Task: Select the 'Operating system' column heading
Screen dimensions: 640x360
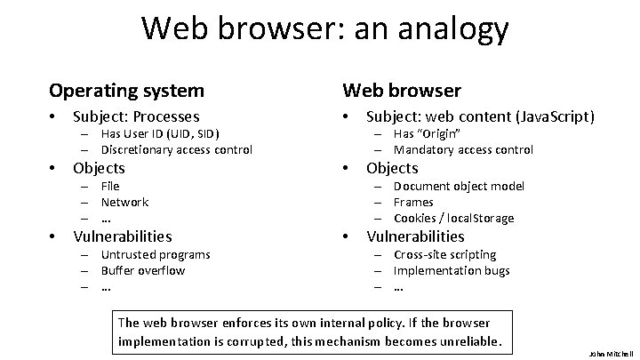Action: [x=126, y=91]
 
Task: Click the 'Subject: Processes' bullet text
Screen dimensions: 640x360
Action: [x=136, y=116]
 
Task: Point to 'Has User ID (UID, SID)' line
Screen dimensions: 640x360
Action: [x=160, y=133]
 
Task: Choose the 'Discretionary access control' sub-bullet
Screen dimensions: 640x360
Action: [x=177, y=149]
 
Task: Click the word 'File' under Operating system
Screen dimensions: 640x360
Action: [x=110, y=186]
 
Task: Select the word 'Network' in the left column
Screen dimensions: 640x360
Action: [x=124, y=202]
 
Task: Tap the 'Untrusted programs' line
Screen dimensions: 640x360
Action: [x=156, y=254]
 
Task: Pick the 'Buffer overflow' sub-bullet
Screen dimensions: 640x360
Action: [x=143, y=270]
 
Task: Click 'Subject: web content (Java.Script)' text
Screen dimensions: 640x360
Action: [x=481, y=116]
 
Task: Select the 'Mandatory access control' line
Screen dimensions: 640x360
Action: [x=463, y=149]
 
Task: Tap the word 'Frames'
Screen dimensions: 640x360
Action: [x=414, y=202]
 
